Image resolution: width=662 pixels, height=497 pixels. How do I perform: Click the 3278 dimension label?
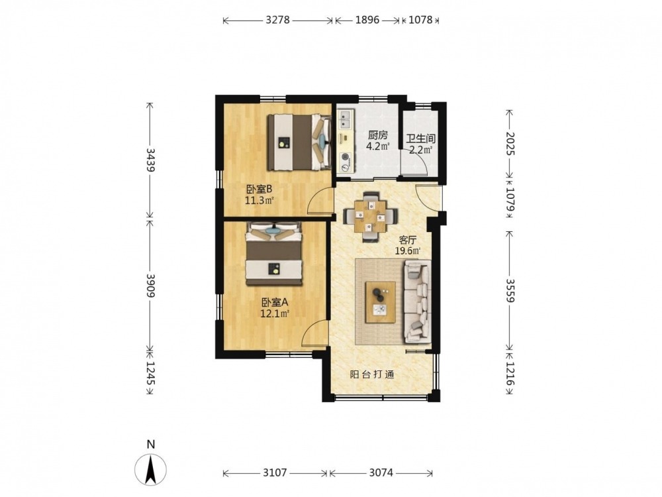(x=277, y=20)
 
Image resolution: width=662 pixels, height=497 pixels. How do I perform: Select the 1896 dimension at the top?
(x=367, y=20)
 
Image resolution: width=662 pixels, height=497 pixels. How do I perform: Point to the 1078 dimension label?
(x=420, y=20)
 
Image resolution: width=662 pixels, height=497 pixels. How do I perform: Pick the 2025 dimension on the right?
(x=510, y=144)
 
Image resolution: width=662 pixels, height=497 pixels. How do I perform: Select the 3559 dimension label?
(x=510, y=290)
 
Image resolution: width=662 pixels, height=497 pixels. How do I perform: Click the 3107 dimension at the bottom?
(x=275, y=473)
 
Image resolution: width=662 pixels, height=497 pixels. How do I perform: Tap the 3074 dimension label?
(x=381, y=473)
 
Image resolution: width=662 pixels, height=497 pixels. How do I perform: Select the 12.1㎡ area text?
(x=275, y=313)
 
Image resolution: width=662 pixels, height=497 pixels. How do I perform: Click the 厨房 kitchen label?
(x=377, y=135)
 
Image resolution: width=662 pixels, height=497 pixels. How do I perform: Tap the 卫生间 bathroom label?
(x=420, y=138)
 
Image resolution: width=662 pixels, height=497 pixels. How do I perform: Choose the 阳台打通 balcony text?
(x=372, y=374)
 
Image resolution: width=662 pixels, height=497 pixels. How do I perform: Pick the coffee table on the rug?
(x=381, y=302)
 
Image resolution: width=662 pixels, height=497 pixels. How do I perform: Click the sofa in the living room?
(x=418, y=302)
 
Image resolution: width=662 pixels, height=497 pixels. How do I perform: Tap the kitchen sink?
(x=346, y=119)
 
